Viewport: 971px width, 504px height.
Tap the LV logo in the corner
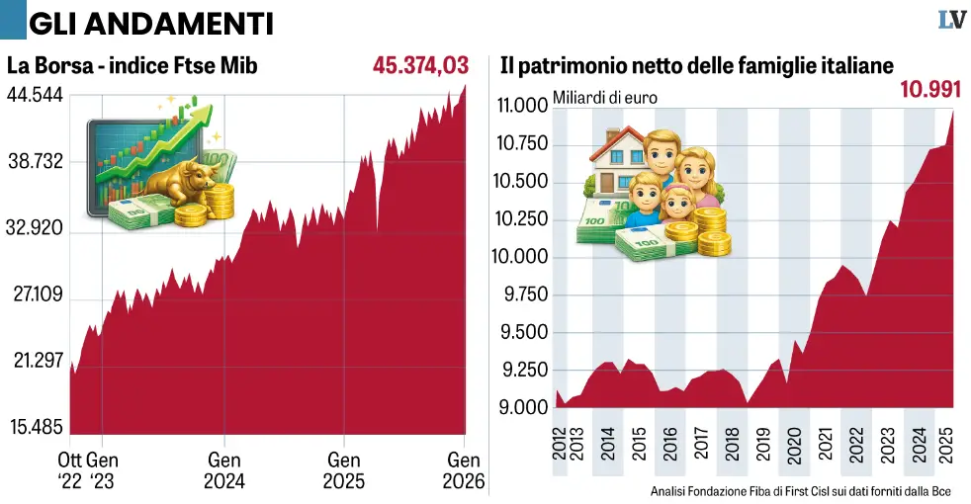tap(951, 19)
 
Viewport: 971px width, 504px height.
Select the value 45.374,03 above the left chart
tap(420, 66)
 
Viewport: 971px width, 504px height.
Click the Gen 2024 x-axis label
tap(224, 470)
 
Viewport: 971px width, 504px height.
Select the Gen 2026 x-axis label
tap(464, 470)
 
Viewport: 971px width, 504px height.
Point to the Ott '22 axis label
tap(72, 470)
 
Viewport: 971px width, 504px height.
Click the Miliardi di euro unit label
tap(604, 97)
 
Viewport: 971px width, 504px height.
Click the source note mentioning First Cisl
tap(802, 491)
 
